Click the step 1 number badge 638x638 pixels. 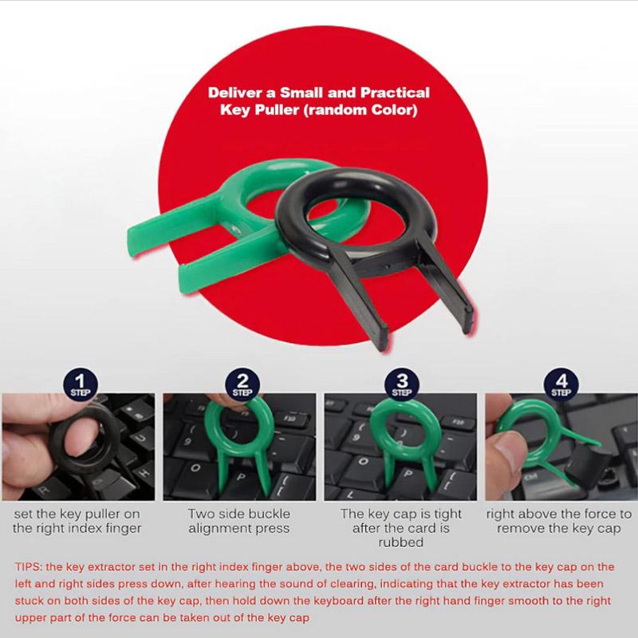tap(81, 384)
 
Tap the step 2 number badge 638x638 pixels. tap(242, 384)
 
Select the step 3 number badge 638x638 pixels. tap(402, 384)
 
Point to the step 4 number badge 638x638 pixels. tap(561, 384)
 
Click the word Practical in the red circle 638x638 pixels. tap(395, 93)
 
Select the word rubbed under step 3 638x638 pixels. tap(401, 542)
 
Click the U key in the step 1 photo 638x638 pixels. tap(140, 438)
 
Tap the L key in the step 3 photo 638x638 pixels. tap(349, 493)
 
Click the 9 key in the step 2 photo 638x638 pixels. tap(187, 441)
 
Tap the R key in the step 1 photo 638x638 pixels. tap(45, 490)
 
